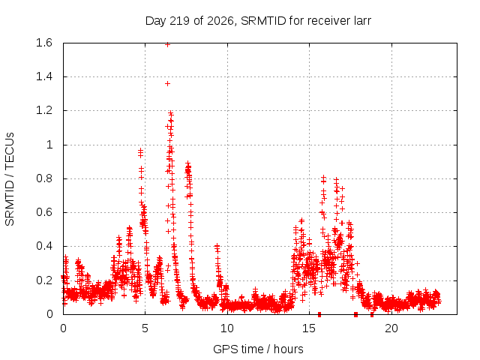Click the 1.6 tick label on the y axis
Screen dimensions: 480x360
coord(44,43)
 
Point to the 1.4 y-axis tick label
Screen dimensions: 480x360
coord(44,76)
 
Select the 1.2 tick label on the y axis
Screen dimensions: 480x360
coord(44,110)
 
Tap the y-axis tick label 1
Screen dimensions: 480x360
coord(49,145)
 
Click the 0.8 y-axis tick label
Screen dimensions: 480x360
coord(44,178)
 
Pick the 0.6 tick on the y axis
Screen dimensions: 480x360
coord(44,212)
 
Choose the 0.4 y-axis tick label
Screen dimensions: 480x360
coord(44,246)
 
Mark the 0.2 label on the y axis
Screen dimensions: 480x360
coord(44,280)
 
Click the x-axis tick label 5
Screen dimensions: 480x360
coord(145,328)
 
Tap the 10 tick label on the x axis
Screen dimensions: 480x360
coord(227,328)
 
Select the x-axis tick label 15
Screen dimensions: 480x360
coord(309,328)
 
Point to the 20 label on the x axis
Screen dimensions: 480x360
coord(391,328)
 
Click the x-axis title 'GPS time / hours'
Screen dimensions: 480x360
coord(258,349)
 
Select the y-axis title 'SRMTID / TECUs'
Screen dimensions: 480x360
coord(10,179)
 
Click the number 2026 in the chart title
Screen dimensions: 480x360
coord(220,21)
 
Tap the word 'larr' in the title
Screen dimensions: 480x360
coord(362,21)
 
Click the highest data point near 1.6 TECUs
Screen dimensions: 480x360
coord(167,45)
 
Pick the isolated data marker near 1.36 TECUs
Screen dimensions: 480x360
coord(167,83)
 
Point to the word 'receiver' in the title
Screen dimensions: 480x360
coord(327,21)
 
